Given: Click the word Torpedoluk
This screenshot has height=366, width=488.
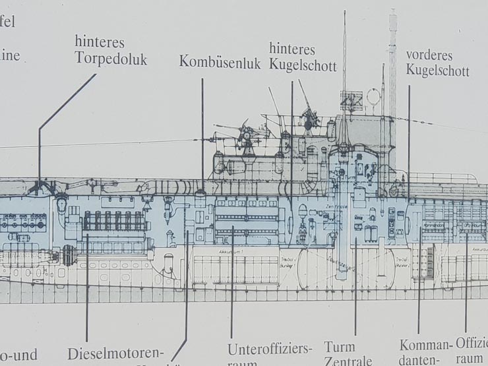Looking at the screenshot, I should pos(111,59).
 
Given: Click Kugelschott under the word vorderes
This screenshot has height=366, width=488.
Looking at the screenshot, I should pos(437,71).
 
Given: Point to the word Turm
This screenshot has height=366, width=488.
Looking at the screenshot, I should pos(339,347).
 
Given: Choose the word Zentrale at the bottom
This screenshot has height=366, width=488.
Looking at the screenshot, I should pos(348,361).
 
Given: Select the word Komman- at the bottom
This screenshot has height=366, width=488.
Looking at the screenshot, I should pos(426,346).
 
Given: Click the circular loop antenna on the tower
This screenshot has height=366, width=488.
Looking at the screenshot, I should pos(373,97).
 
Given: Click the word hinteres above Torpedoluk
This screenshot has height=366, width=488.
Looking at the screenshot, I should pos(100,42).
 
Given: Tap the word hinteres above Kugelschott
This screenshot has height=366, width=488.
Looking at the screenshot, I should pos(292,49).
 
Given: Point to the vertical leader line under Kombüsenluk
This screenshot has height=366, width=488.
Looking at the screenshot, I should pos(202,132).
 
